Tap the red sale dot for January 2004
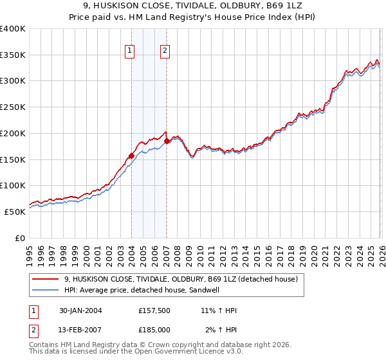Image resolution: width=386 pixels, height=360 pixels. tap(131, 155)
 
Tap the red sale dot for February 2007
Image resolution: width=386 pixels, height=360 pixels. tap(167, 140)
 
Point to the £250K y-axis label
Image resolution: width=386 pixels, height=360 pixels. tap(13, 107)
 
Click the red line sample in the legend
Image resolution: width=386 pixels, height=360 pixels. tap(46, 280)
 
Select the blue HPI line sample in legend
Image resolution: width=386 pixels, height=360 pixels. tap(46, 291)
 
